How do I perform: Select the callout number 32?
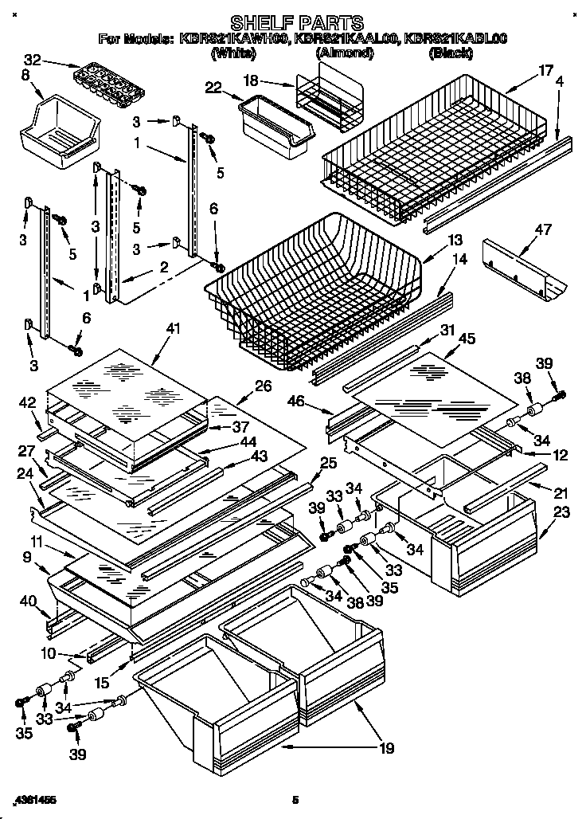[x=33, y=61]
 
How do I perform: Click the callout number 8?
[x=25, y=76]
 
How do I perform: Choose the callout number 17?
[x=545, y=70]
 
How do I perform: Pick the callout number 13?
[x=455, y=240]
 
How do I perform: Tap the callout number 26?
[x=264, y=386]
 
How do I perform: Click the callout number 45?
[x=467, y=338]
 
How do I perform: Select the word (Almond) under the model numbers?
[x=345, y=53]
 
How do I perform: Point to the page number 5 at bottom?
[x=295, y=799]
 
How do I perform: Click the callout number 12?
[x=561, y=455]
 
